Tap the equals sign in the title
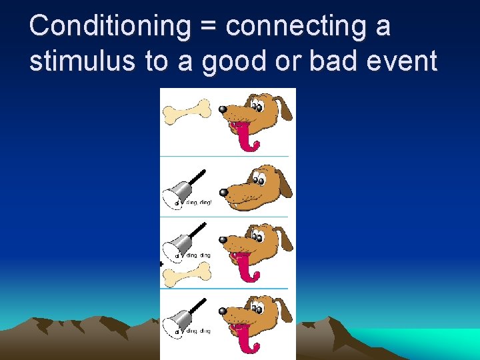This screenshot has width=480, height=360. click(x=208, y=28)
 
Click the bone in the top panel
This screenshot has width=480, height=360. click(x=187, y=111)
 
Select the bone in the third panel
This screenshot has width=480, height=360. click(x=187, y=272)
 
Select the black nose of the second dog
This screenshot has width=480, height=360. click(x=224, y=193)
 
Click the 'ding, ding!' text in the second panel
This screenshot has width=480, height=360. click(x=198, y=202)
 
